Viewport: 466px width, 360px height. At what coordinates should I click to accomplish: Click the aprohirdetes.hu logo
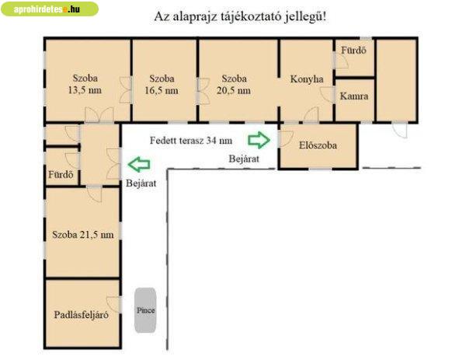tap(50, 9)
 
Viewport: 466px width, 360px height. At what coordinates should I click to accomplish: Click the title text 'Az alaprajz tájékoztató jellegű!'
tap(240, 16)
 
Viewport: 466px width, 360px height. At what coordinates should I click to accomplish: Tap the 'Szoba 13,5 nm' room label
tap(85, 84)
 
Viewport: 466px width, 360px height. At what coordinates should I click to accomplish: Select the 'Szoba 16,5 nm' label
tap(162, 85)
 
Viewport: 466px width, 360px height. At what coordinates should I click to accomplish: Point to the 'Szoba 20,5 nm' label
tap(234, 85)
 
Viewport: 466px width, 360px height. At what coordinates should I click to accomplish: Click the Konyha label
tap(307, 79)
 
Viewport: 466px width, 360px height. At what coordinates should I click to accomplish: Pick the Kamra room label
tap(354, 96)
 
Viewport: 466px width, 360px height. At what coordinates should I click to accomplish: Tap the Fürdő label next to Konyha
tap(353, 51)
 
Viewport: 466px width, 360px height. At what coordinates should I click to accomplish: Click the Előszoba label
tap(318, 145)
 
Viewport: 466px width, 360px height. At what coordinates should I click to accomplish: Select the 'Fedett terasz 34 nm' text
tap(191, 141)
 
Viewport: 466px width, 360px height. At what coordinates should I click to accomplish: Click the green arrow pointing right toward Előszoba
tap(259, 140)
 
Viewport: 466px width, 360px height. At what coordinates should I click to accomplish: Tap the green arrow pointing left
tap(139, 164)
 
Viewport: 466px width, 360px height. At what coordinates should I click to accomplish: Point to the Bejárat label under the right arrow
tap(244, 159)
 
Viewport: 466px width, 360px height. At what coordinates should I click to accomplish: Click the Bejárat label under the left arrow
tap(141, 183)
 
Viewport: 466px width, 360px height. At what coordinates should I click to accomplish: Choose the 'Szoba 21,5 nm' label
tap(83, 235)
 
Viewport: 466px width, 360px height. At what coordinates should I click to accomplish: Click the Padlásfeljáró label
tap(81, 315)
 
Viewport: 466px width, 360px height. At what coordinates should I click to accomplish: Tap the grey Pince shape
tap(146, 310)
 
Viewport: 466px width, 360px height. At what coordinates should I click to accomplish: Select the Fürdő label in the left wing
tap(61, 174)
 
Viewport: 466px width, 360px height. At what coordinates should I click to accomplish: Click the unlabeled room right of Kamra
tap(396, 80)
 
